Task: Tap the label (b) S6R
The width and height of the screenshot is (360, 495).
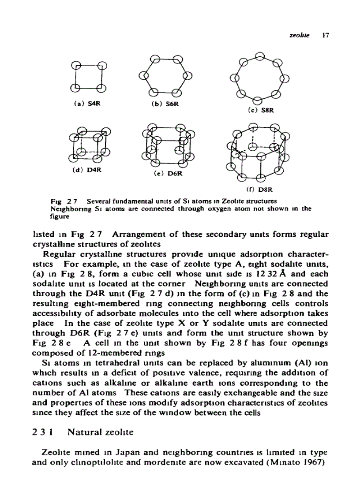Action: point(161,105)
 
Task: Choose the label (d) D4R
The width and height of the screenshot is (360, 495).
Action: point(85,167)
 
